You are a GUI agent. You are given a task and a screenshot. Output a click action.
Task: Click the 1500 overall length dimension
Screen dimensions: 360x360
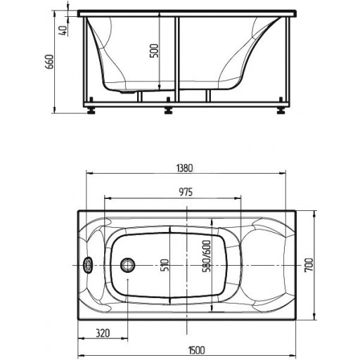[197, 350]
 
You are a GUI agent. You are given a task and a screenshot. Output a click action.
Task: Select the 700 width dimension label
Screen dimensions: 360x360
[309, 265]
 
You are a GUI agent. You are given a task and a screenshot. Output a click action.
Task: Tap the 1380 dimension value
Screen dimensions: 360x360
[184, 168]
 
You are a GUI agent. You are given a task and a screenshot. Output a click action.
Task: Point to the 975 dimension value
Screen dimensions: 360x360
[186, 192]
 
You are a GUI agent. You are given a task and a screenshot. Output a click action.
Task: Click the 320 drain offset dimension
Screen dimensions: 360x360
[103, 333]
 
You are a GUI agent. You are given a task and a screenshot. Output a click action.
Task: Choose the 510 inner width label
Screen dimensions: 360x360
[165, 265]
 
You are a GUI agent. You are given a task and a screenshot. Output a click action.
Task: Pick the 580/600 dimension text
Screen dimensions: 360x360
[207, 256]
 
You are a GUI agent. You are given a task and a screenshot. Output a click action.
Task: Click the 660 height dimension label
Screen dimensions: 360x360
[49, 62]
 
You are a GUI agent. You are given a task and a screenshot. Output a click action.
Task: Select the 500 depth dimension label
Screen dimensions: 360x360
[154, 51]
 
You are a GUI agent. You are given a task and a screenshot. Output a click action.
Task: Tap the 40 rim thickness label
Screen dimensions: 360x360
[63, 30]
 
